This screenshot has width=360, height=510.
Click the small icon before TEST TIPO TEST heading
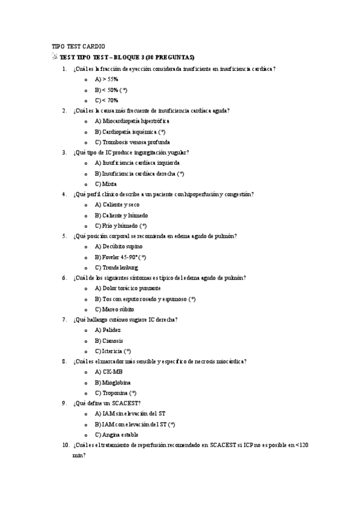[55, 57]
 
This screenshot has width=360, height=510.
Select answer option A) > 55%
[106, 79]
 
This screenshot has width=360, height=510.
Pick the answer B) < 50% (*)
[111, 90]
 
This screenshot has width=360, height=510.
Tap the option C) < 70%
[106, 100]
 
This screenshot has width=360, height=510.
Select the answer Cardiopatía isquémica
[130, 132]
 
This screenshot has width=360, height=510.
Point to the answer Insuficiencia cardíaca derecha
[139, 173]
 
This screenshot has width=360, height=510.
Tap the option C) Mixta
[106, 184]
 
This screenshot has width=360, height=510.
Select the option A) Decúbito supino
[117, 247]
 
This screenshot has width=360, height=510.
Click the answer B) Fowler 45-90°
[120, 257]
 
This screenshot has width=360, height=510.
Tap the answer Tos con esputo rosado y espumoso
[145, 299]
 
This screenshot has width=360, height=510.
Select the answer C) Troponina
[115, 393]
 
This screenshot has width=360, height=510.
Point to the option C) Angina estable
[117, 434]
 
